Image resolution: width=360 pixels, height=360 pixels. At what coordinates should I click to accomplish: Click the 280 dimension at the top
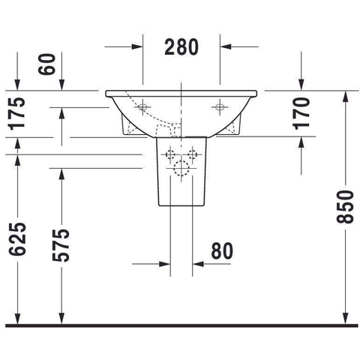pyautogui.click(x=181, y=47)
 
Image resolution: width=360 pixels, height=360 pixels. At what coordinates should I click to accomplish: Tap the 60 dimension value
pyautogui.click(x=46, y=64)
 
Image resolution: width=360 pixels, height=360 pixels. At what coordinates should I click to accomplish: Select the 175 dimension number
pyautogui.click(x=17, y=114)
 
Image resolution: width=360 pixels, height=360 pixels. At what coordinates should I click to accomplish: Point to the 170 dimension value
pyautogui.click(x=301, y=113)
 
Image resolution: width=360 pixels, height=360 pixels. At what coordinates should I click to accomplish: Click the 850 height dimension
pyautogui.click(x=345, y=207)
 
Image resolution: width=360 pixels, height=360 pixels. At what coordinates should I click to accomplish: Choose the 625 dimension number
pyautogui.click(x=17, y=239)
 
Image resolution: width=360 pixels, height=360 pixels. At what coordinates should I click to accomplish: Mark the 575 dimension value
pyautogui.click(x=61, y=245)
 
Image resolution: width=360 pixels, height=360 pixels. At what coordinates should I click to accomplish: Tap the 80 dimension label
pyautogui.click(x=222, y=251)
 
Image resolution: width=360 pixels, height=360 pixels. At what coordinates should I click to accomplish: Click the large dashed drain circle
pyautogui.click(x=181, y=168)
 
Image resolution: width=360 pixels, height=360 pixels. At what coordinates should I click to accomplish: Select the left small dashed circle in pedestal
pyautogui.click(x=170, y=154)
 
